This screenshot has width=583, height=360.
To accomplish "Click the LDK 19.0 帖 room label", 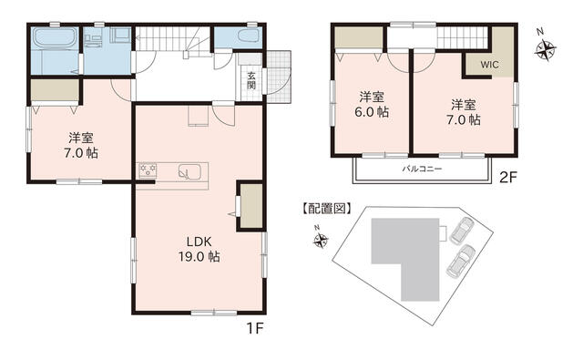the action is click(199, 249).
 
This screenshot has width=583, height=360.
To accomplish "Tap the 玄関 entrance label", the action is click(251, 80).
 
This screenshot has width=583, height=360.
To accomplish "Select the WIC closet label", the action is click(489, 65).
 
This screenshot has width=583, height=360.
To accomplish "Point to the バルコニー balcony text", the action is click(422, 169).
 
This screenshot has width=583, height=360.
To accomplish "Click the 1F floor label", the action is click(255, 328).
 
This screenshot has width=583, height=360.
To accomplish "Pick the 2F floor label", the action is click(508, 178).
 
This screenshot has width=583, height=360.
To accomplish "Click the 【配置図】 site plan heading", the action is click(326, 209).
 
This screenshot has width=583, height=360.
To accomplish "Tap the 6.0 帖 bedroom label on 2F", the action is click(372, 105).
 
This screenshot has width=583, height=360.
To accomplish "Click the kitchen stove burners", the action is click(148, 171).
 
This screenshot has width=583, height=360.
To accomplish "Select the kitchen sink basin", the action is click(189, 172).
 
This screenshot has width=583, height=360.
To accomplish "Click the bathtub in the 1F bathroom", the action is click(55, 38).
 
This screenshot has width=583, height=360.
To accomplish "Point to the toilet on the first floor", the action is click(248, 36).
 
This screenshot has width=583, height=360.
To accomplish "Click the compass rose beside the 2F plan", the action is click(546, 48).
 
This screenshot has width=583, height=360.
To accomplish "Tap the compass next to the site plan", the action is click(321, 241).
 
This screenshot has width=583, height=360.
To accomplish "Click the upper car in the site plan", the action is click(461, 231).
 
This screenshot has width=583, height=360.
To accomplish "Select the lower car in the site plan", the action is click(459, 261).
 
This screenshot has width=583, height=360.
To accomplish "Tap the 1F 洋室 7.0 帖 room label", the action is click(81, 146).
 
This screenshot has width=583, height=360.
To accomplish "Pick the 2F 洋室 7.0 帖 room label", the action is click(464, 112).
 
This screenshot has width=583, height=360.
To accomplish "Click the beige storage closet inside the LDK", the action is click(251, 205).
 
